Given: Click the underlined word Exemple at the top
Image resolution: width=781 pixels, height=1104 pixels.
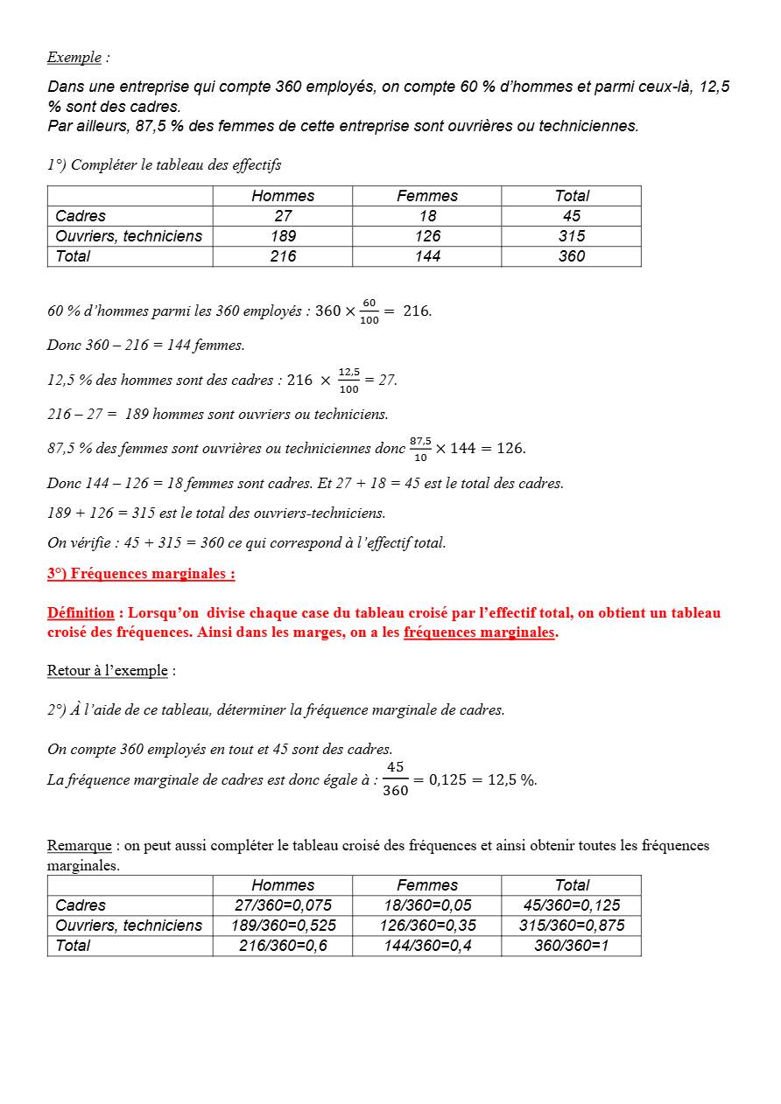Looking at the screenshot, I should coord(74,58).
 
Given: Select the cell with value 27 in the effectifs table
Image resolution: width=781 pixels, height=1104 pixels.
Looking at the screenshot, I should coord(283,216).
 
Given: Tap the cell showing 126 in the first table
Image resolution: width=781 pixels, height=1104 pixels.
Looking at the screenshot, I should coord(427,236).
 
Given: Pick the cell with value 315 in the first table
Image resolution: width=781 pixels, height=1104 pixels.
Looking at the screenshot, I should coord(571,236).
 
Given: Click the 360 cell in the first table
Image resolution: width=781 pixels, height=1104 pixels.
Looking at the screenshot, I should coord(571,256).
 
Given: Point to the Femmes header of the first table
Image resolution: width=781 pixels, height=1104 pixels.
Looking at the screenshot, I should coord(427,196).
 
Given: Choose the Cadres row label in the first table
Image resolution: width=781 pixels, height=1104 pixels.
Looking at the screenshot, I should coord(81,216).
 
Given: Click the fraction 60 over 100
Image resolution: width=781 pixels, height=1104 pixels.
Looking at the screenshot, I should coord(369,311).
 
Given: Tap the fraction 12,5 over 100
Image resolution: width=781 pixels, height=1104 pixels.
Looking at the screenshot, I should coord(348,381).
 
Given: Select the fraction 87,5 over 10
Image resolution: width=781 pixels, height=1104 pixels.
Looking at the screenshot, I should coord(420,449).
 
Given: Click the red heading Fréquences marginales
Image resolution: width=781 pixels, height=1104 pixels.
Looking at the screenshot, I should coord(141,574).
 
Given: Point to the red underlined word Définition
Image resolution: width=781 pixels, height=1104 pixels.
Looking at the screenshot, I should coord(81,612).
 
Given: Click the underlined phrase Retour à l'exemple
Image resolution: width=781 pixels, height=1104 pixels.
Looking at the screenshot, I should coord(107,671).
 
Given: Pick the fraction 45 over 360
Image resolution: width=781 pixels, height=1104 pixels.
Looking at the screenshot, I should coord(396,779).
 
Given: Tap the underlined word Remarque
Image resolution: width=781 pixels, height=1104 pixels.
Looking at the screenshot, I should coord(79,846).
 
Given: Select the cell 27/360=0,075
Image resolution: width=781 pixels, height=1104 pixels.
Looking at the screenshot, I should coord(283,905).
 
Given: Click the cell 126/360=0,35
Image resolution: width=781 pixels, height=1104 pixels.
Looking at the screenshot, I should coord(427,926).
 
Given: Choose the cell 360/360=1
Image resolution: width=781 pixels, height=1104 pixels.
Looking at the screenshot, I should coord(571,946).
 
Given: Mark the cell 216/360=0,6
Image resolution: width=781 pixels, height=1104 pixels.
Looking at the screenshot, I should coord(283,946).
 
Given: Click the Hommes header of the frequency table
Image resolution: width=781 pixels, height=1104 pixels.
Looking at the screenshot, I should coord(283,885).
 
